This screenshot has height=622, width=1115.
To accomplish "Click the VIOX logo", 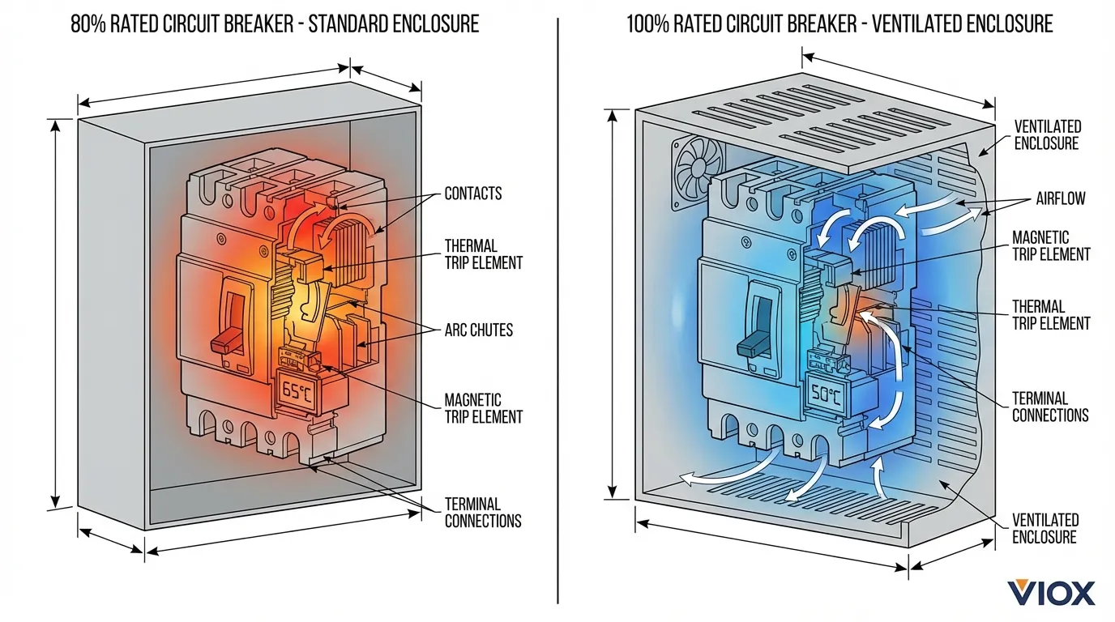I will (1051, 593).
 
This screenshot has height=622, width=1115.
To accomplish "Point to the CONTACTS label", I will (472, 194).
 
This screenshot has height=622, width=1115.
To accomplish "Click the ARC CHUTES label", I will (478, 330).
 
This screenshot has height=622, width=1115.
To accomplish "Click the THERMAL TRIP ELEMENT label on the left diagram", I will (483, 253).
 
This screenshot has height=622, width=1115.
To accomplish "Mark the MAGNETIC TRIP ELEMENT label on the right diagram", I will (1051, 245).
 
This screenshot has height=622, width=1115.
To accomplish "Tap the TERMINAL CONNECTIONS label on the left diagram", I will (483, 513).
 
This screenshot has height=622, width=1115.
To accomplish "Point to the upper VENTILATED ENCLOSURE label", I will (1048, 135).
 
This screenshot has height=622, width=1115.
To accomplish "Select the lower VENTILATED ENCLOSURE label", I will (1045, 528).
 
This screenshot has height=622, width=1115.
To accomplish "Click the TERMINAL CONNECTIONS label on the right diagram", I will (1050, 407).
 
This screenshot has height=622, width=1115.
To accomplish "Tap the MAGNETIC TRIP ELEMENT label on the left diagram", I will (483, 408).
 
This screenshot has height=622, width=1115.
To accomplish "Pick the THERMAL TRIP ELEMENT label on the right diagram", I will (1051, 315).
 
